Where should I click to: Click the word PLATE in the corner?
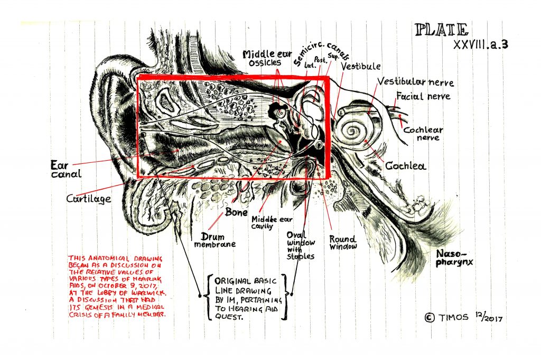coord(442,30)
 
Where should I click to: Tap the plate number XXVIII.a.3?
coord(480,45)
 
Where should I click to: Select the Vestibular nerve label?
coord(415,82)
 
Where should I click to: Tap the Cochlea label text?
coord(405,166)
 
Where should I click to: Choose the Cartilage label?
coord(89,199)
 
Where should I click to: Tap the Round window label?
coord(343,242)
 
